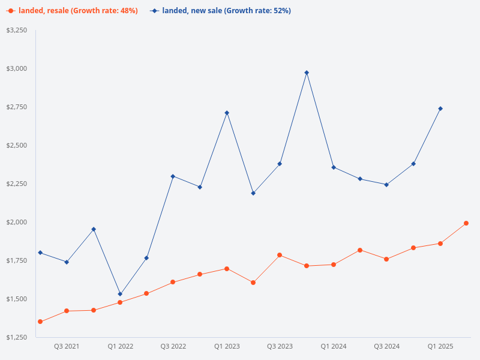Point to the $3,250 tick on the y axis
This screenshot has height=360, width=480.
coord(17,30)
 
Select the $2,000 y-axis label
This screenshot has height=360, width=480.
coord(17,222)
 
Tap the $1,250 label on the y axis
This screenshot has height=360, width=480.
coord(17,337)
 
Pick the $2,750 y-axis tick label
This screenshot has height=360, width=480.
coord(17,107)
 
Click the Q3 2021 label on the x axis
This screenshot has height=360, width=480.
coord(67,347)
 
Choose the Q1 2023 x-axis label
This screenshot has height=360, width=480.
coord(227,347)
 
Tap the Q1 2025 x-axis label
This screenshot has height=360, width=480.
coord(440,347)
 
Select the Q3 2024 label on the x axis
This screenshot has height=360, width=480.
coord(387,347)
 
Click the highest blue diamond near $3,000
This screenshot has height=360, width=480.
coord(307,73)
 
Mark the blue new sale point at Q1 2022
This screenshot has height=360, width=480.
coord(120,294)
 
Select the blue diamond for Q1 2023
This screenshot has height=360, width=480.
coord(227,113)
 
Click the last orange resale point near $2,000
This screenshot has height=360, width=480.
coord(466,223)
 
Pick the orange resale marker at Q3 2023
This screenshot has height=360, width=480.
coord(280,255)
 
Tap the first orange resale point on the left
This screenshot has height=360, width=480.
coord(40,322)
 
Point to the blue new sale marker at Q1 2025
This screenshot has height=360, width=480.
coord(440,109)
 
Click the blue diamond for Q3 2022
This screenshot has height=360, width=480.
coord(173,176)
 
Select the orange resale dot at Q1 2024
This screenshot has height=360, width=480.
coord(334,265)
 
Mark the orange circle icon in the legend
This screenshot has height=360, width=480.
coord(10,11)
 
